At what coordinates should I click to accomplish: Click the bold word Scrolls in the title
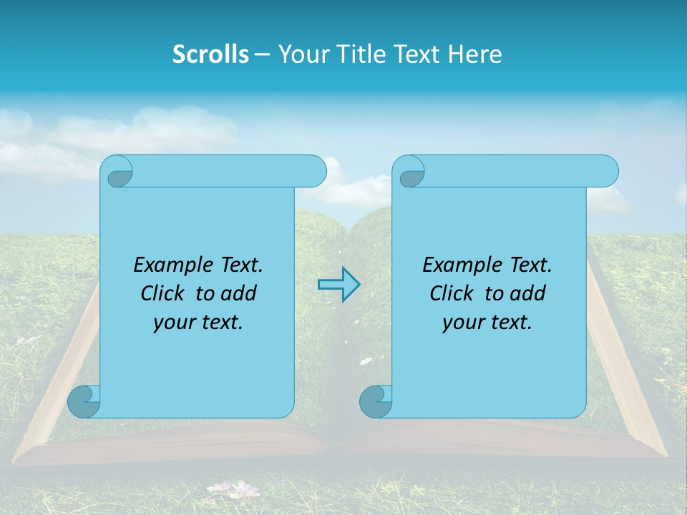point(210,54)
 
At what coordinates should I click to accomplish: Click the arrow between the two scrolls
point(338,285)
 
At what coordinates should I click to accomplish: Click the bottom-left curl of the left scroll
point(83,401)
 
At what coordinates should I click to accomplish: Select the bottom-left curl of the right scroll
point(375,401)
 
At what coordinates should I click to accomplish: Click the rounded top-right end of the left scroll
point(315,172)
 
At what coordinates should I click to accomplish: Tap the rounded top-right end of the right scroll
point(607,172)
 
